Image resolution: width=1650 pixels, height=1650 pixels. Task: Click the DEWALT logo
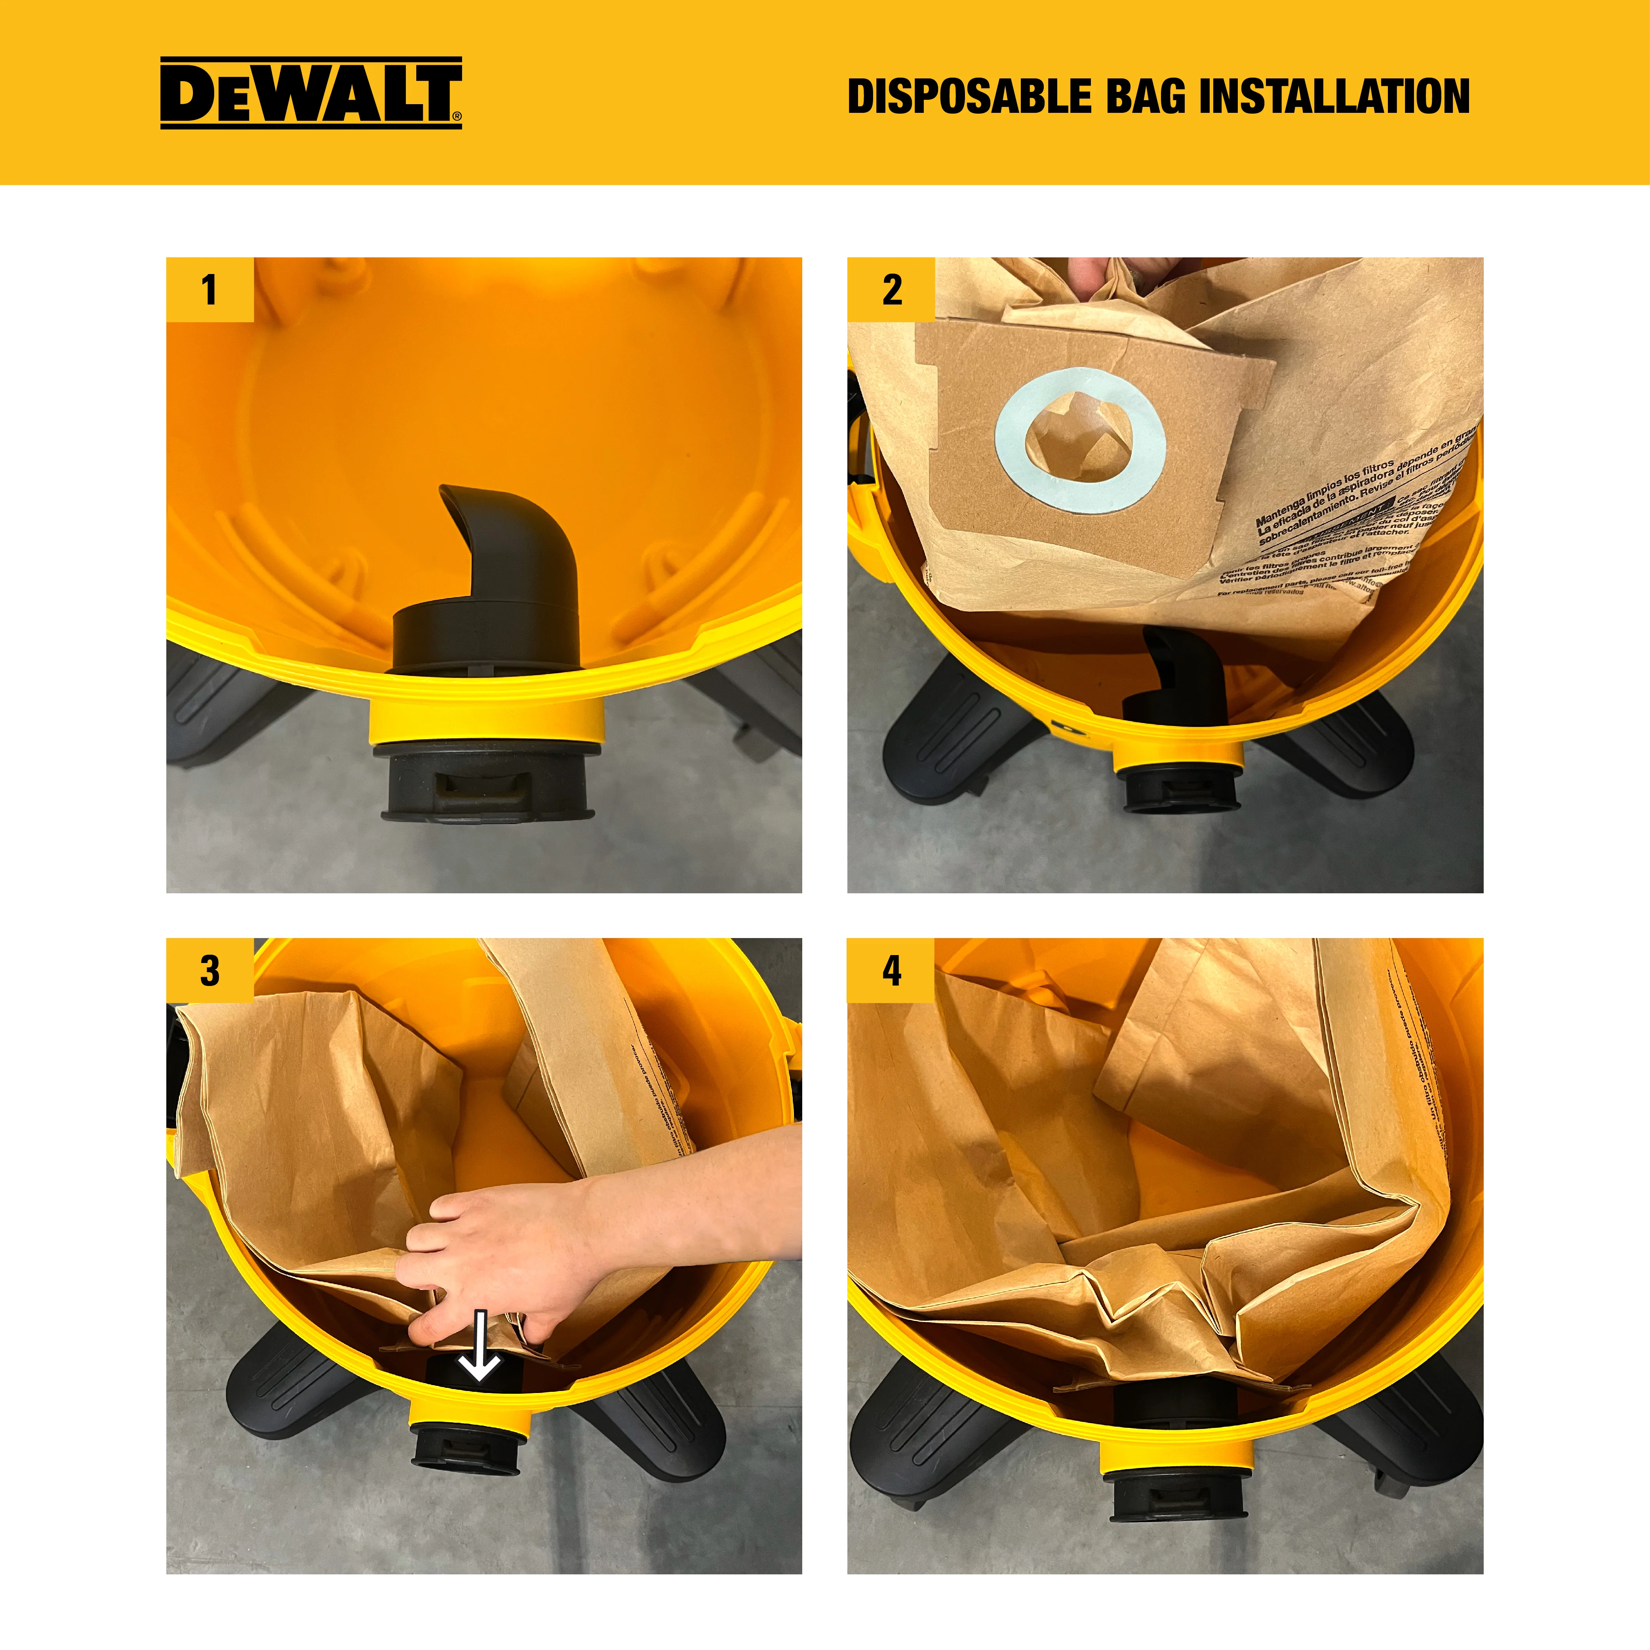(311, 93)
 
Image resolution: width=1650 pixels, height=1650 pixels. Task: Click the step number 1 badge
(209, 289)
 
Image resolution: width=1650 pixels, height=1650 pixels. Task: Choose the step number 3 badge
(209, 971)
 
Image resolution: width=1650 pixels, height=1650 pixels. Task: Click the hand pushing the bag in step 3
(504, 1247)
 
